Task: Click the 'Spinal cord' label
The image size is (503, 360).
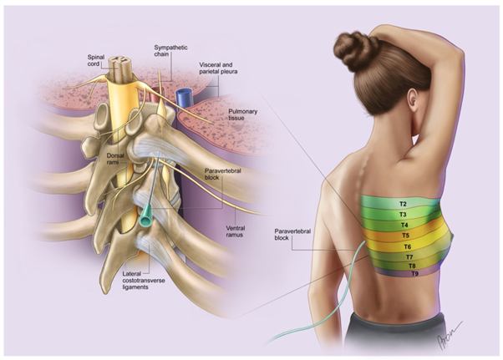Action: pos(98,60)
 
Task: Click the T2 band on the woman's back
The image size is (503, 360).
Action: pos(403,204)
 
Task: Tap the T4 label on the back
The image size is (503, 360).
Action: pos(404,226)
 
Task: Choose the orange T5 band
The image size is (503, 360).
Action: pos(406,236)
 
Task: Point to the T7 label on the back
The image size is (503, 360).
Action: pos(409,256)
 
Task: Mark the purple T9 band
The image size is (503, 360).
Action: pos(413,274)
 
